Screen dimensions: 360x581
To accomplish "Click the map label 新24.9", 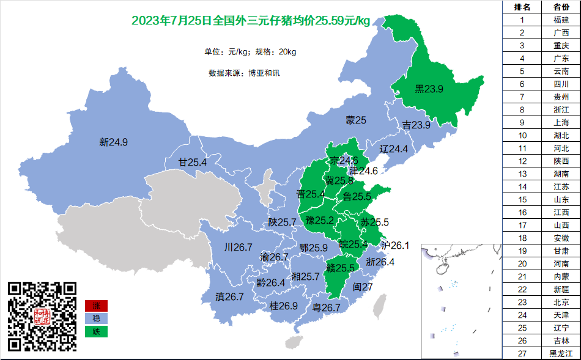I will [113, 143].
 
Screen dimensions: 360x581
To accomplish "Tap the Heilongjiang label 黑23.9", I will [429, 89].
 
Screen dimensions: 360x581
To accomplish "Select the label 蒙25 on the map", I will [356, 120].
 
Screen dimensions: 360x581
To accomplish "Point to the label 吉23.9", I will [416, 125].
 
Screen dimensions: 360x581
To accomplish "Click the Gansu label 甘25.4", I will [192, 163].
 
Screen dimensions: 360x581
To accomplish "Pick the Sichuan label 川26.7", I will [238, 248].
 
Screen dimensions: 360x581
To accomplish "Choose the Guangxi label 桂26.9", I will [283, 306].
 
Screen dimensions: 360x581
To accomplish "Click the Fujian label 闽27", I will [363, 287].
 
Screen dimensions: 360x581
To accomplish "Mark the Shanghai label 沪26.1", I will [394, 245].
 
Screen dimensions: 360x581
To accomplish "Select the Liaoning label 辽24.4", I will [394, 149].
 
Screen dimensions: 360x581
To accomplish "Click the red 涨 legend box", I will [96, 306].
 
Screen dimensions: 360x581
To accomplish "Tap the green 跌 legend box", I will [96, 331].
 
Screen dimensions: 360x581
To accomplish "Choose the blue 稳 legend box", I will [96, 318].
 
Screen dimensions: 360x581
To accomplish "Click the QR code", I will [42, 316].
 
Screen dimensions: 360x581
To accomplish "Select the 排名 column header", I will [522, 7].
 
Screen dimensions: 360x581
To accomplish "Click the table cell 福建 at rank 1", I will [561, 20].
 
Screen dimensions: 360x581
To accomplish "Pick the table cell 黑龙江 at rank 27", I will [561, 353].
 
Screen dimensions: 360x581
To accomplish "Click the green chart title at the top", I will [251, 21].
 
